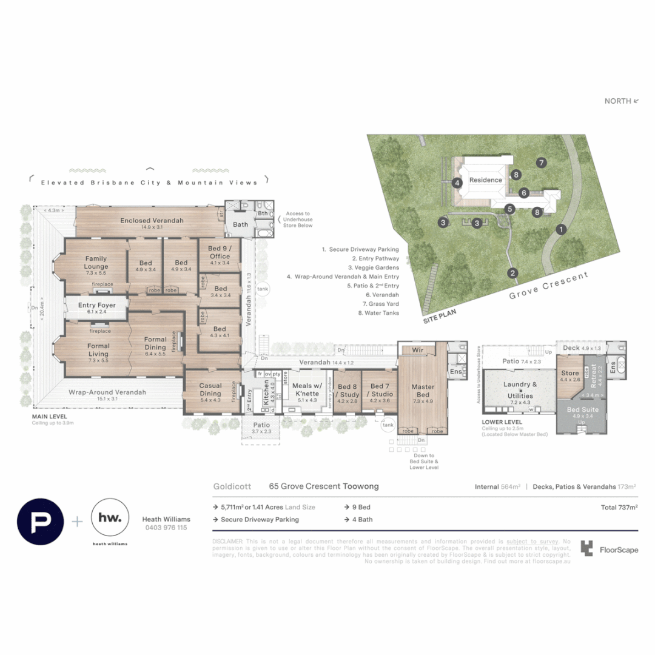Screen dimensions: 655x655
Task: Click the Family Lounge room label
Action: [96, 263]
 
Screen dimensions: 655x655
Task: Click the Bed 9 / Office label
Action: [219, 252]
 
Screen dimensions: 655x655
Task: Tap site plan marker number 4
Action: [457, 183]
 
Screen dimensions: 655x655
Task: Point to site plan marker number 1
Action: [562, 229]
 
